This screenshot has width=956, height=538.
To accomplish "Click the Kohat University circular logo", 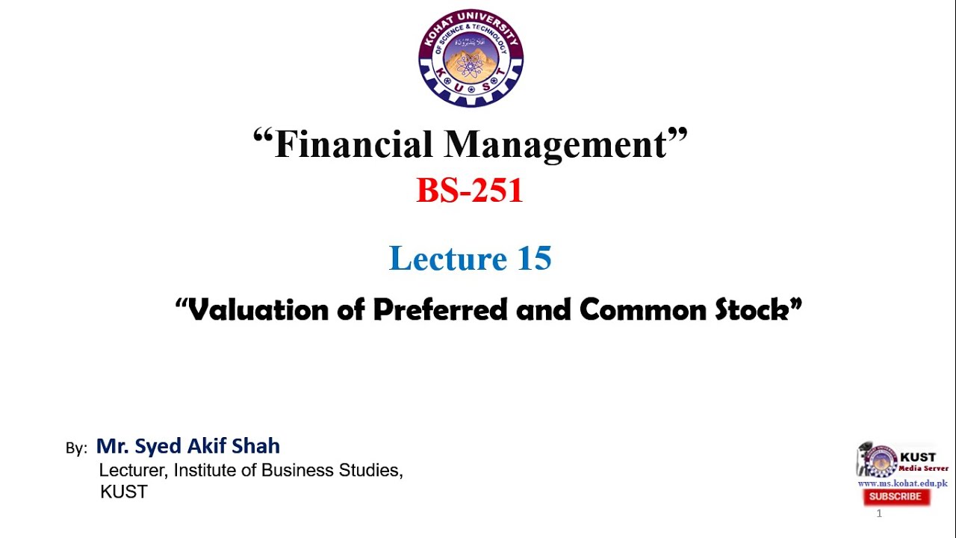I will [x=471, y=58].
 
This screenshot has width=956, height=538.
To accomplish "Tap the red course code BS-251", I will [x=470, y=191].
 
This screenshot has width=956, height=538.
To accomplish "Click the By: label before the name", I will [x=76, y=448].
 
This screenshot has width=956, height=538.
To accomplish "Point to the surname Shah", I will [x=256, y=446].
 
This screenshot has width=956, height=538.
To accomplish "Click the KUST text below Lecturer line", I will [x=124, y=492].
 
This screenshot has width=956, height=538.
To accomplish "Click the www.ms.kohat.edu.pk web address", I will [x=902, y=483].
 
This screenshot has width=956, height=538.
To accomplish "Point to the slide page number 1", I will [x=879, y=513].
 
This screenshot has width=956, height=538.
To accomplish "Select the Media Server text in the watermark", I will [x=923, y=469].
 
